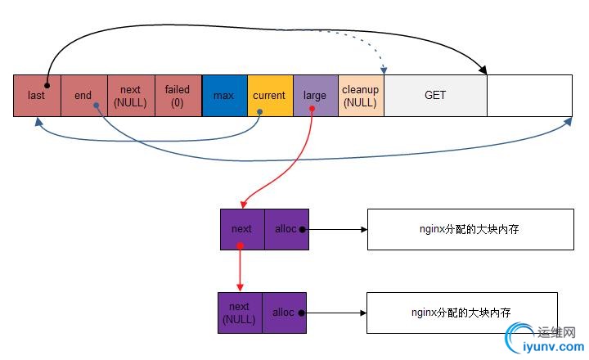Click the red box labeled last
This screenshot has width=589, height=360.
tap(37, 96)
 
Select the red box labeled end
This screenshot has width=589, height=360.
tap(83, 96)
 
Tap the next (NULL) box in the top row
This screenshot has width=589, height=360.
tap(131, 96)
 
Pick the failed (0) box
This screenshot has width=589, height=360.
tap(178, 96)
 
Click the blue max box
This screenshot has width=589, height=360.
tap(224, 96)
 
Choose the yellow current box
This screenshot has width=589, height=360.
tap(269, 96)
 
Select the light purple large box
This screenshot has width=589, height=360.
tap(315, 96)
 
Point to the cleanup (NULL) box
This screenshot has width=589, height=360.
tap(360, 96)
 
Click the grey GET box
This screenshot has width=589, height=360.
tap(435, 96)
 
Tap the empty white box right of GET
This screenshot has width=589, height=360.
tap(528, 96)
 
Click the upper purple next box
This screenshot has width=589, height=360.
tap(242, 229)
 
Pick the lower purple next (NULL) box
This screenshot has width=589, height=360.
tap(240, 312)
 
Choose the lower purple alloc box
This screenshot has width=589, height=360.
tap(284, 312)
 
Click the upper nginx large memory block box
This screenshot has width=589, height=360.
tap(470, 229)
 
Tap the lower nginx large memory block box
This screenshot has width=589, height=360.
tap(462, 312)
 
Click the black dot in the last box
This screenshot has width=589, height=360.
tap(47, 84)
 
